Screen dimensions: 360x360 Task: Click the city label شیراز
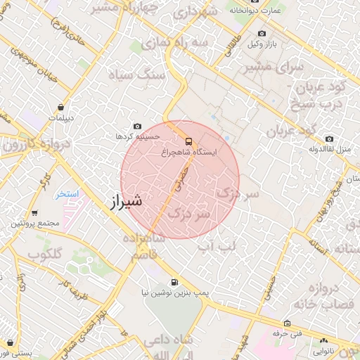coord(126,201)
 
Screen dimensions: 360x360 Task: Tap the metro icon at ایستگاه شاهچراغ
coord(187,140)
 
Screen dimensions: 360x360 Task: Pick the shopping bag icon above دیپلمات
coord(63,108)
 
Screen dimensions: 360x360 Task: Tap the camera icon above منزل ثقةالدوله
coord(329,139)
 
